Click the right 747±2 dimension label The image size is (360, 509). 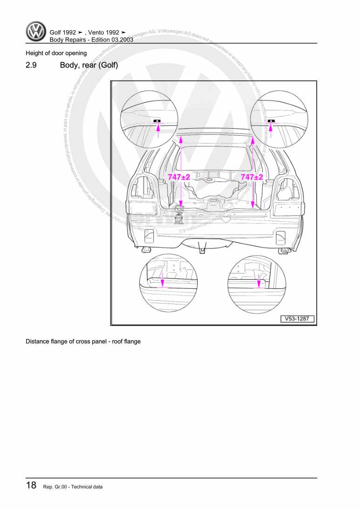tap(252, 177)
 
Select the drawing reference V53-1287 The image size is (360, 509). tap(297, 319)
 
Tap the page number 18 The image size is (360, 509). tap(31, 486)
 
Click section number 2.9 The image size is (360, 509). tap(32, 65)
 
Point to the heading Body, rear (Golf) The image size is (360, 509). tap(89, 65)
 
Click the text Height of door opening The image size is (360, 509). tap(56, 53)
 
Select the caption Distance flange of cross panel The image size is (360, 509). tap(83, 341)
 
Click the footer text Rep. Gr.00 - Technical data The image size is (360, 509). tap(73, 487)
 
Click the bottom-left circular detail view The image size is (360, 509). tap(168, 284)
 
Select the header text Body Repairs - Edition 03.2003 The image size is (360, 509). tap(92, 40)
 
